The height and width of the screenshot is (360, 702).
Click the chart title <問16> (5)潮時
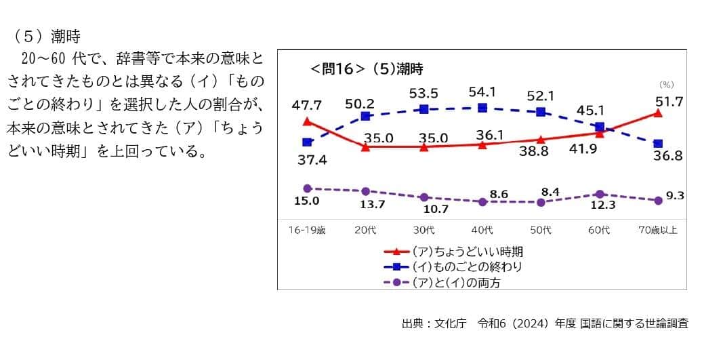point(367,69)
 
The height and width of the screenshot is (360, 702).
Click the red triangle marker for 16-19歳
point(307,121)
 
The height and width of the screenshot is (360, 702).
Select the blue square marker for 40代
point(482,108)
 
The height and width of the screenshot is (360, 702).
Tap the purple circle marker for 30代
point(424,197)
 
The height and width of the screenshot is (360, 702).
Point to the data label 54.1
point(482,92)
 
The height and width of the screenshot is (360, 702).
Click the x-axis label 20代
point(365,231)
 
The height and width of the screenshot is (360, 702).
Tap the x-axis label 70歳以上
point(658,231)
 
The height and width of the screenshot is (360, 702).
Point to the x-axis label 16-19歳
point(307,231)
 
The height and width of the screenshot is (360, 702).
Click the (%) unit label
point(667,85)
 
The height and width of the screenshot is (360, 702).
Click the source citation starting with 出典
point(545,323)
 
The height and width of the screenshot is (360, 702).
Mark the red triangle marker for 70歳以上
point(657,113)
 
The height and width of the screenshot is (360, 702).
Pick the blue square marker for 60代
point(599,127)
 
